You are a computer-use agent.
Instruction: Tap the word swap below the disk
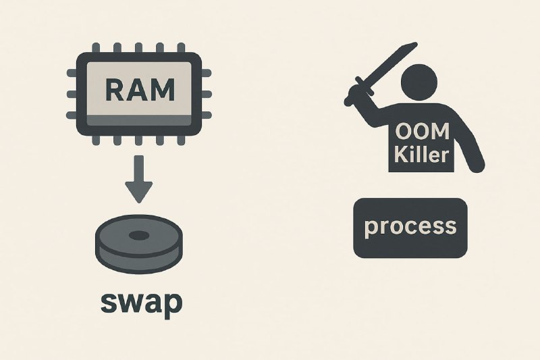(140, 303)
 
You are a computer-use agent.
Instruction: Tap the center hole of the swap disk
(138, 236)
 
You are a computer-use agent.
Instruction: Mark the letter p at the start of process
(371, 228)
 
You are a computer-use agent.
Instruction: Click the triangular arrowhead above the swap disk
(138, 192)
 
